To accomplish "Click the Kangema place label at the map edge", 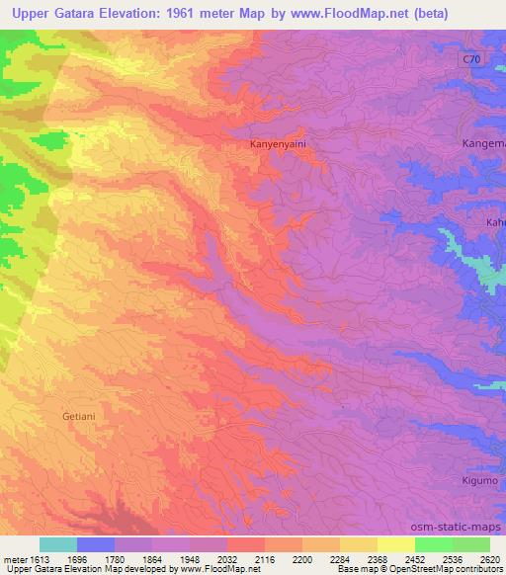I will coord(483,144).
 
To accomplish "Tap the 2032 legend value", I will coord(210,559).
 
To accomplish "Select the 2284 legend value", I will coord(320,559).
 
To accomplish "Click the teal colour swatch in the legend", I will coord(58,544).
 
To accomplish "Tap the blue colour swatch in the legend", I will coord(96,544).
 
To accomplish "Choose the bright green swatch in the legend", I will coord(433,544).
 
